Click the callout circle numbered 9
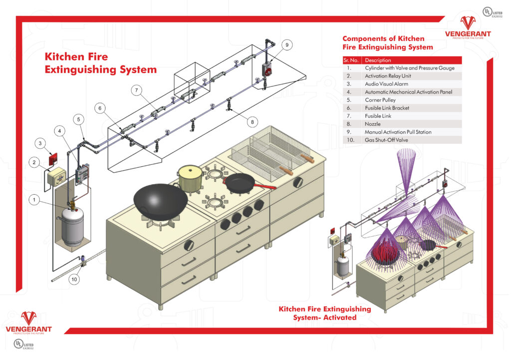click(x=287, y=45)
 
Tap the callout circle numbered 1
click(x=34, y=200)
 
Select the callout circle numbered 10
click(x=74, y=279)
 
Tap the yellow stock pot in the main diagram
click(x=191, y=179)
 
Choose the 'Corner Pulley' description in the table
click(x=381, y=100)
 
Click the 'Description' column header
click(x=378, y=60)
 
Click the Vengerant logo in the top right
click(x=468, y=28)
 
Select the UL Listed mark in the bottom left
click(x=22, y=345)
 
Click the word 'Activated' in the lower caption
click(x=339, y=317)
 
